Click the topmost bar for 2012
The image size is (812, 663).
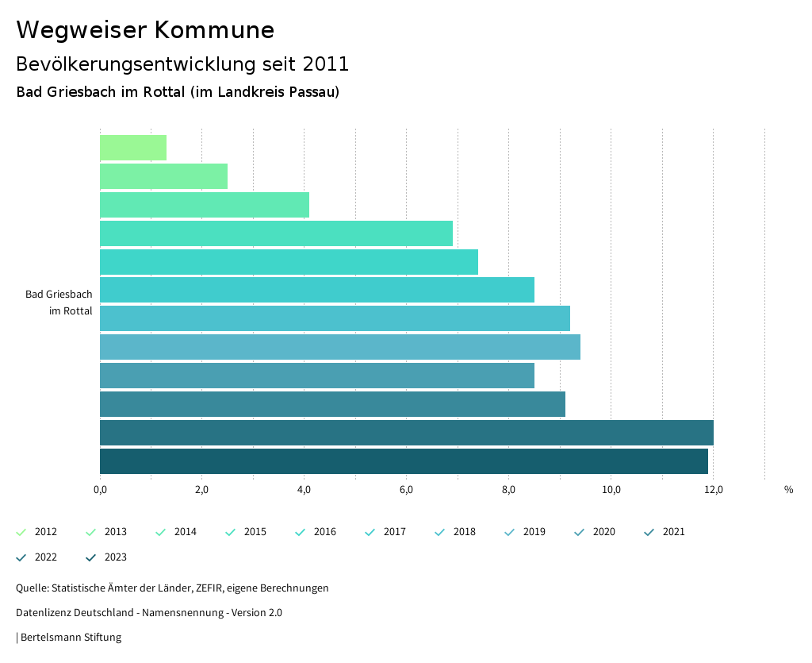[x=133, y=148]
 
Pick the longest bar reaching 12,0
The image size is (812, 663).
[x=406, y=433]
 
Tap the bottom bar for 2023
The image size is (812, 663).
[x=404, y=461]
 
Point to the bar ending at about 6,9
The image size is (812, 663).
[x=276, y=233]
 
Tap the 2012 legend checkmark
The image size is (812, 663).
[x=21, y=532]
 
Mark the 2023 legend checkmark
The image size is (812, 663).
[x=90, y=557]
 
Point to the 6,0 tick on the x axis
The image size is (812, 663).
[x=406, y=489]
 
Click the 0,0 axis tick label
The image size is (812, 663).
[x=100, y=489]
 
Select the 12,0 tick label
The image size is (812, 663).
[x=713, y=489]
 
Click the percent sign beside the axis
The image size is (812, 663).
[x=788, y=489]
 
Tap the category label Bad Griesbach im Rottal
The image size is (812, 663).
[x=59, y=303]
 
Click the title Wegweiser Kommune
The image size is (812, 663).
[x=145, y=30]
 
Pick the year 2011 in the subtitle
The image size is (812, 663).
[x=325, y=64]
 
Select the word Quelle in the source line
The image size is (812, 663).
[x=31, y=588]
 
